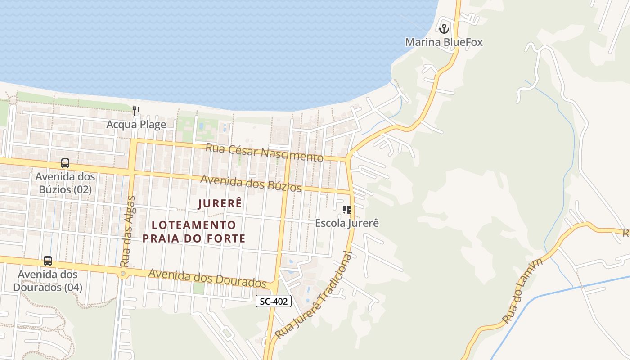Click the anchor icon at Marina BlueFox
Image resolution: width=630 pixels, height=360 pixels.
point(444,29)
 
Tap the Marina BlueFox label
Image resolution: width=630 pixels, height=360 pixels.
point(444,42)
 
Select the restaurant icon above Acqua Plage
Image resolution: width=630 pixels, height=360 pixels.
point(136,111)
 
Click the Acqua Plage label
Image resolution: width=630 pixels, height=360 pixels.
point(136,125)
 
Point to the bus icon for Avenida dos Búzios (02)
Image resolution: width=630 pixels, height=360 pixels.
point(65,163)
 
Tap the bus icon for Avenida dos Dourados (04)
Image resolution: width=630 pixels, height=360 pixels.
point(48,261)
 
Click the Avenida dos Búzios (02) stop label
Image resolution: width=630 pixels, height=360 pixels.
point(65,183)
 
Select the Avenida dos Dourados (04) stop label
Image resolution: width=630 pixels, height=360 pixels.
point(48,280)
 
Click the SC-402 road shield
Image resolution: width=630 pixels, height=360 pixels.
point(274,301)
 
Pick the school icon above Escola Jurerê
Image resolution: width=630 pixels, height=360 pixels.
point(346,210)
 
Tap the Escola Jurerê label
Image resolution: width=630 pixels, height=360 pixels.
point(347,223)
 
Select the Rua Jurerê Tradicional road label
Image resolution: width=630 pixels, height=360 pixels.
point(315,296)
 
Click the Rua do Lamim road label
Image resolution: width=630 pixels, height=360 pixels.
point(523,291)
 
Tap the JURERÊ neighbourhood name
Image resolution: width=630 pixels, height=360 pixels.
point(220,203)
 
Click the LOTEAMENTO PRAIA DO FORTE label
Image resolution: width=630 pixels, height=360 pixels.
point(194,231)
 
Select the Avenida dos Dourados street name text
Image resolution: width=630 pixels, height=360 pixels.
point(207,278)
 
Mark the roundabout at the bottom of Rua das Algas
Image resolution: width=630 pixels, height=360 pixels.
point(123,274)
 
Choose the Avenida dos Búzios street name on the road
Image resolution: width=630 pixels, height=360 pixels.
point(251,183)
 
